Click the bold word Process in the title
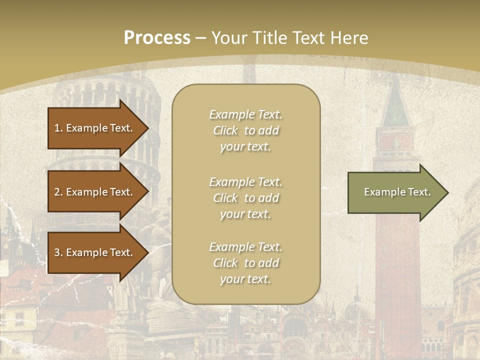tap(157, 37)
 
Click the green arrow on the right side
tap(395, 192)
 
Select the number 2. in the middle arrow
tap(58, 192)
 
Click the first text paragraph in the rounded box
tap(245, 130)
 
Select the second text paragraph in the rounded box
tap(245, 198)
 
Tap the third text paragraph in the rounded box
tap(245, 263)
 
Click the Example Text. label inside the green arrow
tap(397, 192)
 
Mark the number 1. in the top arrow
tap(58, 128)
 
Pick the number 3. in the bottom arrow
tap(58, 252)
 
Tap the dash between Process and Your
tap(200, 37)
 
